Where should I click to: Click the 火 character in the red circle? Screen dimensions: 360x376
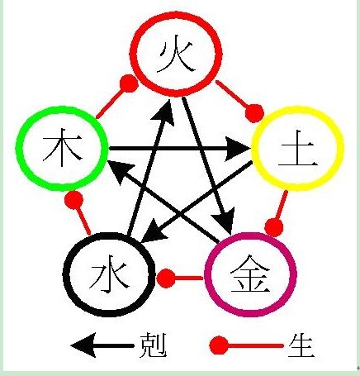coord(176,54)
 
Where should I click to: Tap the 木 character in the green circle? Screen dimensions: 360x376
coord(63,148)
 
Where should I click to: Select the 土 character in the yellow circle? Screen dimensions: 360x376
coord(298,148)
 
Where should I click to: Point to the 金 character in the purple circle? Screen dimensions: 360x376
coord(250,274)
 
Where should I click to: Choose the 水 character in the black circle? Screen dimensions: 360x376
coord(109,276)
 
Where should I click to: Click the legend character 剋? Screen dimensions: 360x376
coord(153,345)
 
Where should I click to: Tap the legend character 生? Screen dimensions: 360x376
coord(301,345)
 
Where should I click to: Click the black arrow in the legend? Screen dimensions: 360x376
coord(102,345)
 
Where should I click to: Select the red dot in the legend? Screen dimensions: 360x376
coord(219,345)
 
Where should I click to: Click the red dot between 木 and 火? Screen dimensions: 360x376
coord(129,83)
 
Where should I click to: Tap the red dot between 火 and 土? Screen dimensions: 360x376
coord(254,113)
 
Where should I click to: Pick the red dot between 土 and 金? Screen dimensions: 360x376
coord(274,227)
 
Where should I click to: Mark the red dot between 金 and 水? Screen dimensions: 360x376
coord(166,278)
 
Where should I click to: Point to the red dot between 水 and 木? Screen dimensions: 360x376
coord(73,200)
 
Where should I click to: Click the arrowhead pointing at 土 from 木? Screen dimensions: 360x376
coord(237,149)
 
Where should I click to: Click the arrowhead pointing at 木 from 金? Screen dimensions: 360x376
coord(120,172)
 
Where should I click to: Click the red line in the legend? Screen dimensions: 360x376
coord(255,345)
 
